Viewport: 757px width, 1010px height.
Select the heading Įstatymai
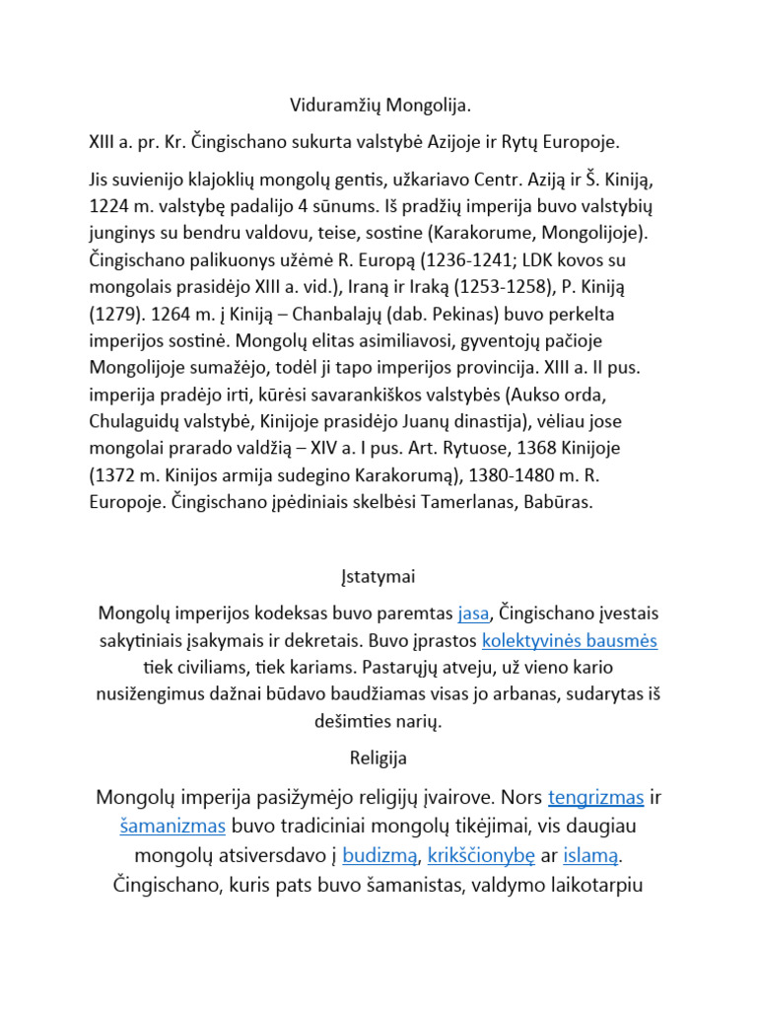pyautogui.click(x=378, y=576)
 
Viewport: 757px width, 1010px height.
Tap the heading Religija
pyautogui.click(x=378, y=759)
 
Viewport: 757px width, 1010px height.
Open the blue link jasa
pyautogui.click(x=473, y=613)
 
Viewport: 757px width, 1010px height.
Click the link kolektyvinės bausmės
pyautogui.click(x=569, y=640)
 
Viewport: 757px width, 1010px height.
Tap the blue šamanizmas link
pyautogui.click(x=173, y=826)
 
